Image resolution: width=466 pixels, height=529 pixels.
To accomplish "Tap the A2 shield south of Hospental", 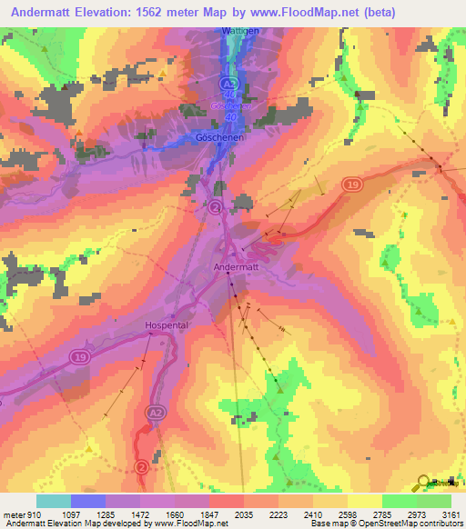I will click(x=155, y=412).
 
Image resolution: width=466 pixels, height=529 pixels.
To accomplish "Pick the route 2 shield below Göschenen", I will click(x=216, y=208).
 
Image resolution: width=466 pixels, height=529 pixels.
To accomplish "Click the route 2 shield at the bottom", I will click(x=141, y=467).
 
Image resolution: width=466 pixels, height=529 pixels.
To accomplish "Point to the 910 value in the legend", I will click(x=26, y=514).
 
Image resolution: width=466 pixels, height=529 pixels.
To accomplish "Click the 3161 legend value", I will click(x=451, y=514).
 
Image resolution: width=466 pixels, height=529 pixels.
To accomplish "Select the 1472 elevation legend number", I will click(x=123, y=514).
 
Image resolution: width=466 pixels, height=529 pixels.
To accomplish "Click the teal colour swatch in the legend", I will click(x=54, y=501).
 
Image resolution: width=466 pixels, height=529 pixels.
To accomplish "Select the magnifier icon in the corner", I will click(x=423, y=483).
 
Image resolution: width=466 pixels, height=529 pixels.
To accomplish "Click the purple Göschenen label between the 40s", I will click(x=229, y=105).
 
